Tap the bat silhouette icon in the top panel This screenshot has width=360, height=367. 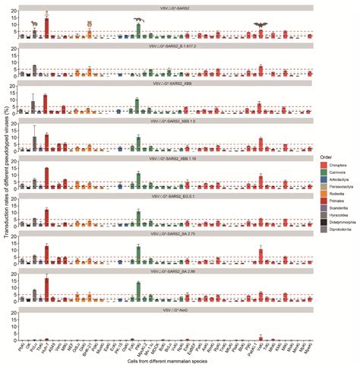[x=261, y=25]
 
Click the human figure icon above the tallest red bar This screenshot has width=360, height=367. [x=47, y=14]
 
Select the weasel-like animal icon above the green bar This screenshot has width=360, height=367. [x=137, y=20]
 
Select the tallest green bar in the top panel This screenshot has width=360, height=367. [x=137, y=30]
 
